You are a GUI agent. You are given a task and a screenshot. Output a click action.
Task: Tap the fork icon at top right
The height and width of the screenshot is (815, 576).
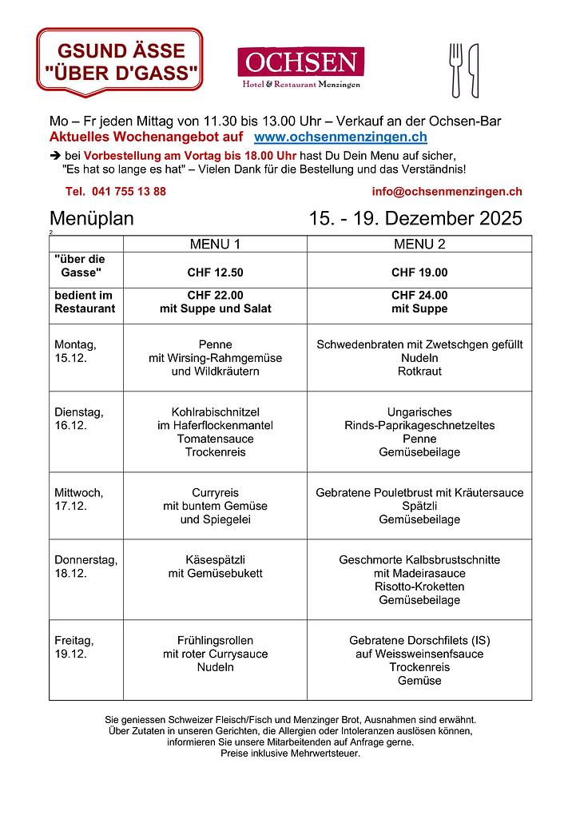pyautogui.click(x=456, y=70)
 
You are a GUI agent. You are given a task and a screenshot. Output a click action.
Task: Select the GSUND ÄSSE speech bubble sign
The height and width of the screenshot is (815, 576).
pyautogui.click(x=120, y=62)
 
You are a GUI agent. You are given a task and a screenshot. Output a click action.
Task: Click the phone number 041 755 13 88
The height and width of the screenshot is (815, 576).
pyautogui.click(x=116, y=192)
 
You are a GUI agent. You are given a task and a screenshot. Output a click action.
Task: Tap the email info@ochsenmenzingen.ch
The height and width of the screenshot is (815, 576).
pyautogui.click(x=447, y=192)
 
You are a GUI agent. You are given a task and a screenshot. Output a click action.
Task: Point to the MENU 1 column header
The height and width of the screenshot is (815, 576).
pyautogui.click(x=214, y=244)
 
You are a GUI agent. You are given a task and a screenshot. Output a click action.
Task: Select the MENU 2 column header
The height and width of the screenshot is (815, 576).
pyautogui.click(x=419, y=244)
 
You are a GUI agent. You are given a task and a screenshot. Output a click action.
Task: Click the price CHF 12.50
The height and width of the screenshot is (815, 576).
pyautogui.click(x=215, y=272)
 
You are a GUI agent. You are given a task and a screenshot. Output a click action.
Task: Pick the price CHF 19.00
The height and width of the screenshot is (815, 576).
pyautogui.click(x=419, y=272)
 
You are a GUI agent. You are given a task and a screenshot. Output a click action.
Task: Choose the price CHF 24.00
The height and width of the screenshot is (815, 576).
pyautogui.click(x=419, y=295)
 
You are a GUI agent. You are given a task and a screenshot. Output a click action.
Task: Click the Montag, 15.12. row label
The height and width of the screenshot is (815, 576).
pyautogui.click(x=76, y=351)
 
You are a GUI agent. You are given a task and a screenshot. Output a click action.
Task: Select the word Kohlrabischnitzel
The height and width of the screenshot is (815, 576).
pyautogui.click(x=215, y=412)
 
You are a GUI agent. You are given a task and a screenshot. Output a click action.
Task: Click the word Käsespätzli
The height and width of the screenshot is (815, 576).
pyautogui.click(x=215, y=560)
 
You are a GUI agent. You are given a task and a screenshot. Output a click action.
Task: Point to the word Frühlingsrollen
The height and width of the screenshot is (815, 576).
pyautogui.click(x=215, y=640)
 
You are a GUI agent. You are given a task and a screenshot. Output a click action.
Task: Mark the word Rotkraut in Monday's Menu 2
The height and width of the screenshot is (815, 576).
pyautogui.click(x=419, y=372)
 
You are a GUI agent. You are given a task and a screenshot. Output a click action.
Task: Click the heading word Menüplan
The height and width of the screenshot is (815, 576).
pyautogui.click(x=92, y=218)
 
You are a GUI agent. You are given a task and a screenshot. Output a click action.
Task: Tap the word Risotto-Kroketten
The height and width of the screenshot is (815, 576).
pyautogui.click(x=419, y=586)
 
